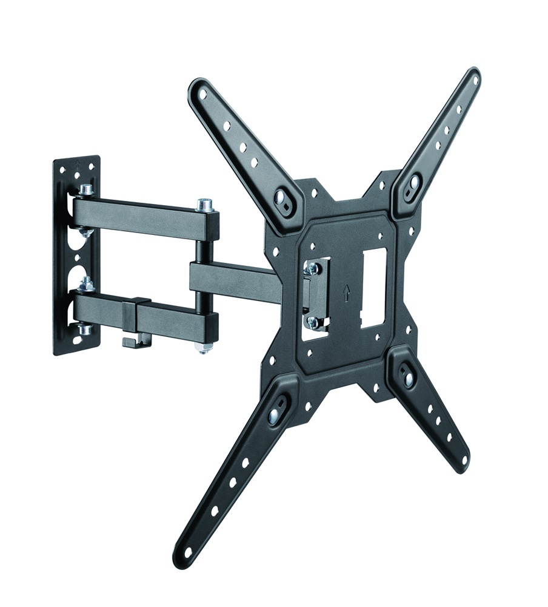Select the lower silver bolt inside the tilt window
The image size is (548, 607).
313,322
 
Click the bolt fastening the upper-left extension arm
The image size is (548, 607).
283,197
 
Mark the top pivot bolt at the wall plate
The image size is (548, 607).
85,190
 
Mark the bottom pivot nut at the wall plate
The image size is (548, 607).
85,330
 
